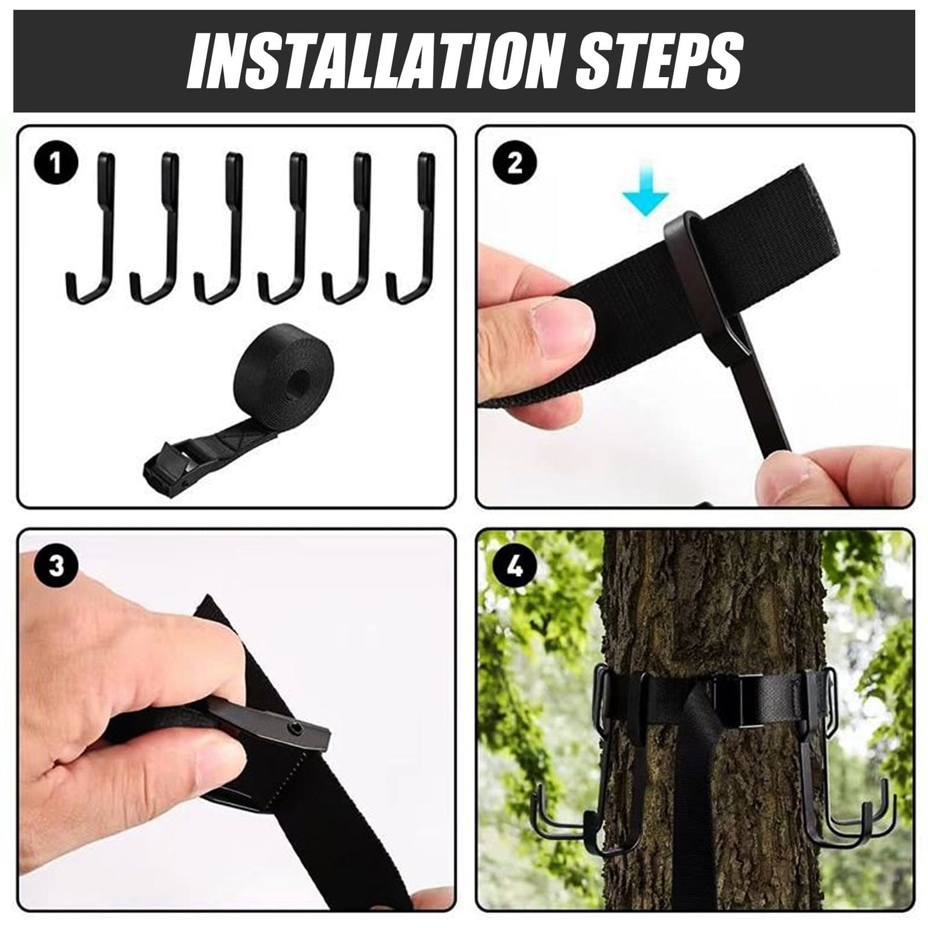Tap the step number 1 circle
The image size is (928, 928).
(55, 164)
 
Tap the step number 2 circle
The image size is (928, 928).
(514, 164)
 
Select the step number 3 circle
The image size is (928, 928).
(57, 566)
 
